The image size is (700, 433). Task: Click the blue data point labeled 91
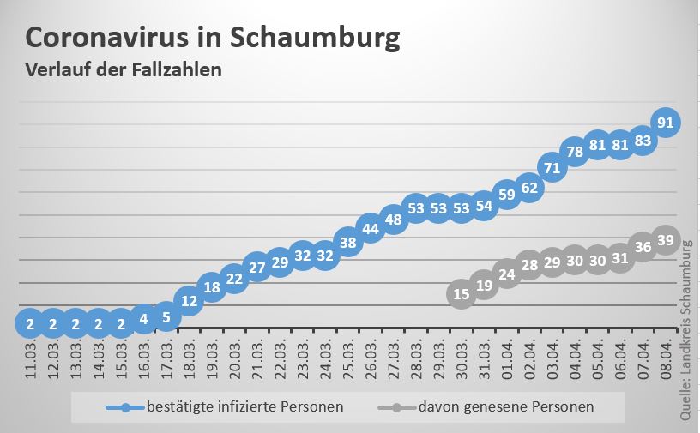[x=666, y=122]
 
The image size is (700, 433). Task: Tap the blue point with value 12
[x=190, y=301]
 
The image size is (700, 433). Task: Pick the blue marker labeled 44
[x=371, y=229]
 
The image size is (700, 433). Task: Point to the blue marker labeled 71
[x=552, y=167]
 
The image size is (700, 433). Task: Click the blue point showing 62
[x=529, y=188]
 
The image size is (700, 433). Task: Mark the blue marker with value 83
[x=643, y=140]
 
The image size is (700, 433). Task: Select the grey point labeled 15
[x=462, y=294]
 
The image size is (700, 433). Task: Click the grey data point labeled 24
[x=507, y=274]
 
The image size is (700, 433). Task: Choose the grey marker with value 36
[x=643, y=246]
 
